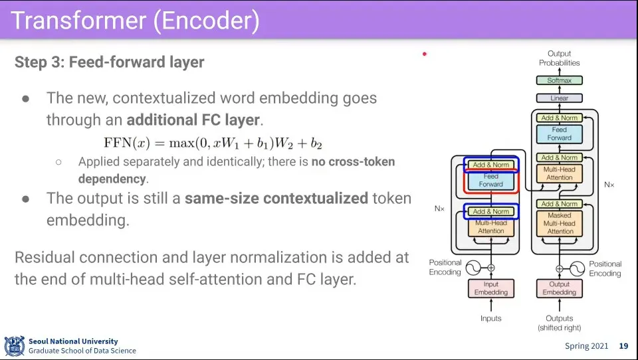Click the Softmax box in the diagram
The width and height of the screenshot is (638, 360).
(560, 80)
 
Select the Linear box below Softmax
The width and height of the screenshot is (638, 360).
(560, 98)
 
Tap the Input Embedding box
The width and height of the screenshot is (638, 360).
(491, 288)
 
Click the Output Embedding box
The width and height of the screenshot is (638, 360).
(560, 288)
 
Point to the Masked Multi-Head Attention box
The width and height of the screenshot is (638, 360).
(560, 223)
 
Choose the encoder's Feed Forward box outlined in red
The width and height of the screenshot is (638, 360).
(491, 180)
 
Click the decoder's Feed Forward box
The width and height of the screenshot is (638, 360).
(560, 134)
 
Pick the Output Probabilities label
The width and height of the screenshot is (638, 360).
(560, 58)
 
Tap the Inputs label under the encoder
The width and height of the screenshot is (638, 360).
(491, 319)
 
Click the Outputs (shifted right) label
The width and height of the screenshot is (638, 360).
(560, 323)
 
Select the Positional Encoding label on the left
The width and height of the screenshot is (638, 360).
(445, 268)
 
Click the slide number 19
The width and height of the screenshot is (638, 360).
(623, 346)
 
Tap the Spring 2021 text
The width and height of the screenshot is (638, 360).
(586, 346)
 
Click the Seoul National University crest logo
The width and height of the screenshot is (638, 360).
(14, 345)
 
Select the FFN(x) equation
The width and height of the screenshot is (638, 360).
(213, 143)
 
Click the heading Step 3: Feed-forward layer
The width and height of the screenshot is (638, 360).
(109, 62)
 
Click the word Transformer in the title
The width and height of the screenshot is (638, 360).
(78, 21)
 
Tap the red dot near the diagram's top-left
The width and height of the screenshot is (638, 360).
(425, 54)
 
